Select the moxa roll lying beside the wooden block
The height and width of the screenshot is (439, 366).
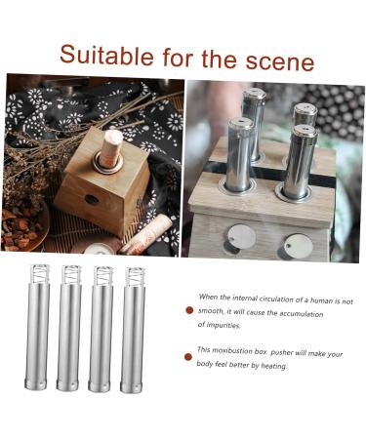click(x=146, y=234)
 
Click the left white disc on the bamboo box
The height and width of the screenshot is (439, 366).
click(x=241, y=236)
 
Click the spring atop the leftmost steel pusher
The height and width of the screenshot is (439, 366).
click(x=41, y=274)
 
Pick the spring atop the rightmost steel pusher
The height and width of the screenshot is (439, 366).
click(x=135, y=276)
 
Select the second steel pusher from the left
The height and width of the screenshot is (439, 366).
click(x=69, y=332)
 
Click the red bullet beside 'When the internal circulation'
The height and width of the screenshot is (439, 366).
click(x=189, y=310)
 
